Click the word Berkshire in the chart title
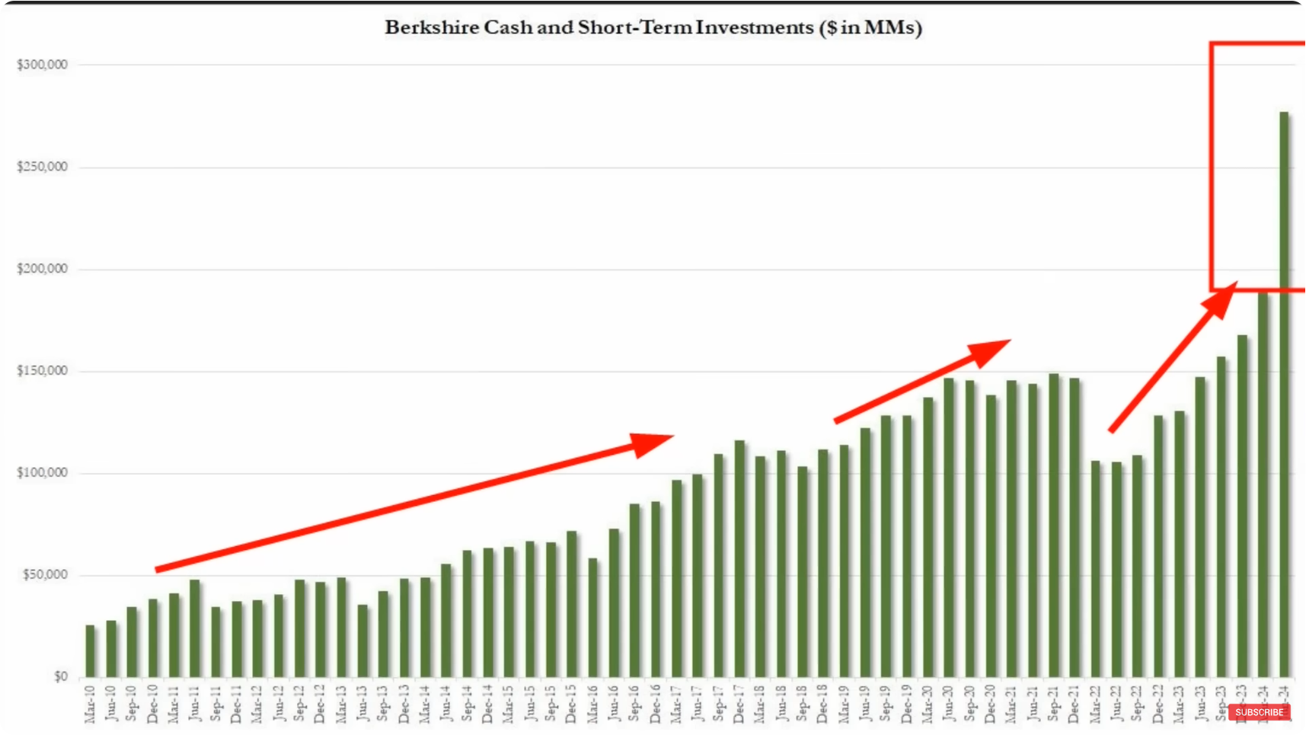(432, 27)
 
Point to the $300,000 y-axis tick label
(43, 65)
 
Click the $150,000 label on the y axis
(43, 371)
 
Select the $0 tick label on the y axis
(61, 676)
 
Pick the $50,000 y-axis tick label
(45, 574)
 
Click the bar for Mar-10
(91, 651)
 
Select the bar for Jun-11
(195, 628)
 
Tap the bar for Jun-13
(362, 641)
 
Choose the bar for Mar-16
(593, 618)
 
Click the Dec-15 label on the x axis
(571, 704)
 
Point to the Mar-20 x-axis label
(928, 704)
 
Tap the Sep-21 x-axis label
(1053, 704)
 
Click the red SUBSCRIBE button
(1259, 712)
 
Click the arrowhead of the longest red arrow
(652, 443)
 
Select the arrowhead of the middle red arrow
(990, 352)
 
